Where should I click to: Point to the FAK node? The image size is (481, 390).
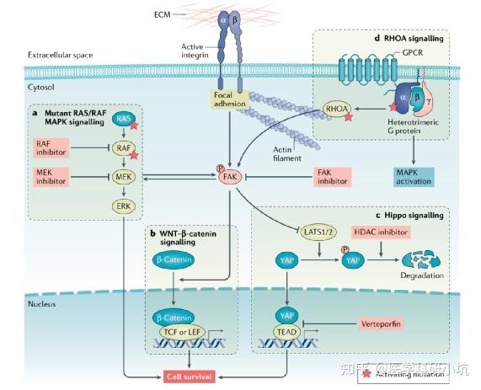pyautogui.click(x=229, y=178)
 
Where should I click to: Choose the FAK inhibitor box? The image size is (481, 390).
pyautogui.click(x=334, y=177)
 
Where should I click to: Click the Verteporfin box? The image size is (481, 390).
pyautogui.click(x=389, y=323)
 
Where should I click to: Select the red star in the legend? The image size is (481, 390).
pyautogui.click(x=366, y=374)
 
